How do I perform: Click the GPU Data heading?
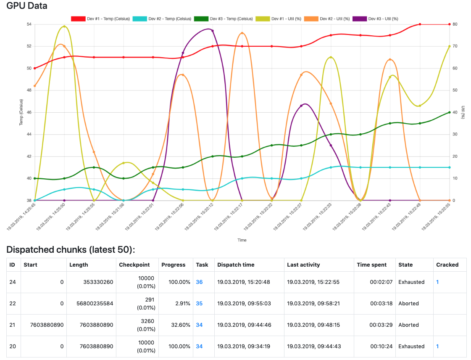pyautogui.click(x=27, y=6)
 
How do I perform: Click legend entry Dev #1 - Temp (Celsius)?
pyautogui.click(x=106, y=19)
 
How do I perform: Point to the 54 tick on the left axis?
pyautogui.click(x=29, y=24)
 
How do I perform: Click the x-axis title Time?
pyautogui.click(x=242, y=240)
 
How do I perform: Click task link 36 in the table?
pyautogui.click(x=199, y=282)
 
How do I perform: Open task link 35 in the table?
pyautogui.click(x=199, y=303)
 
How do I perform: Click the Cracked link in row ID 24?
pyautogui.click(x=437, y=282)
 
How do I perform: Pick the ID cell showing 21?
pyautogui.click(x=13, y=325)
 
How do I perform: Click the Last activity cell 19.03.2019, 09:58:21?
pyautogui.click(x=311, y=303)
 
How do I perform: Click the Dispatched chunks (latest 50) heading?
pyautogui.click(x=71, y=250)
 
